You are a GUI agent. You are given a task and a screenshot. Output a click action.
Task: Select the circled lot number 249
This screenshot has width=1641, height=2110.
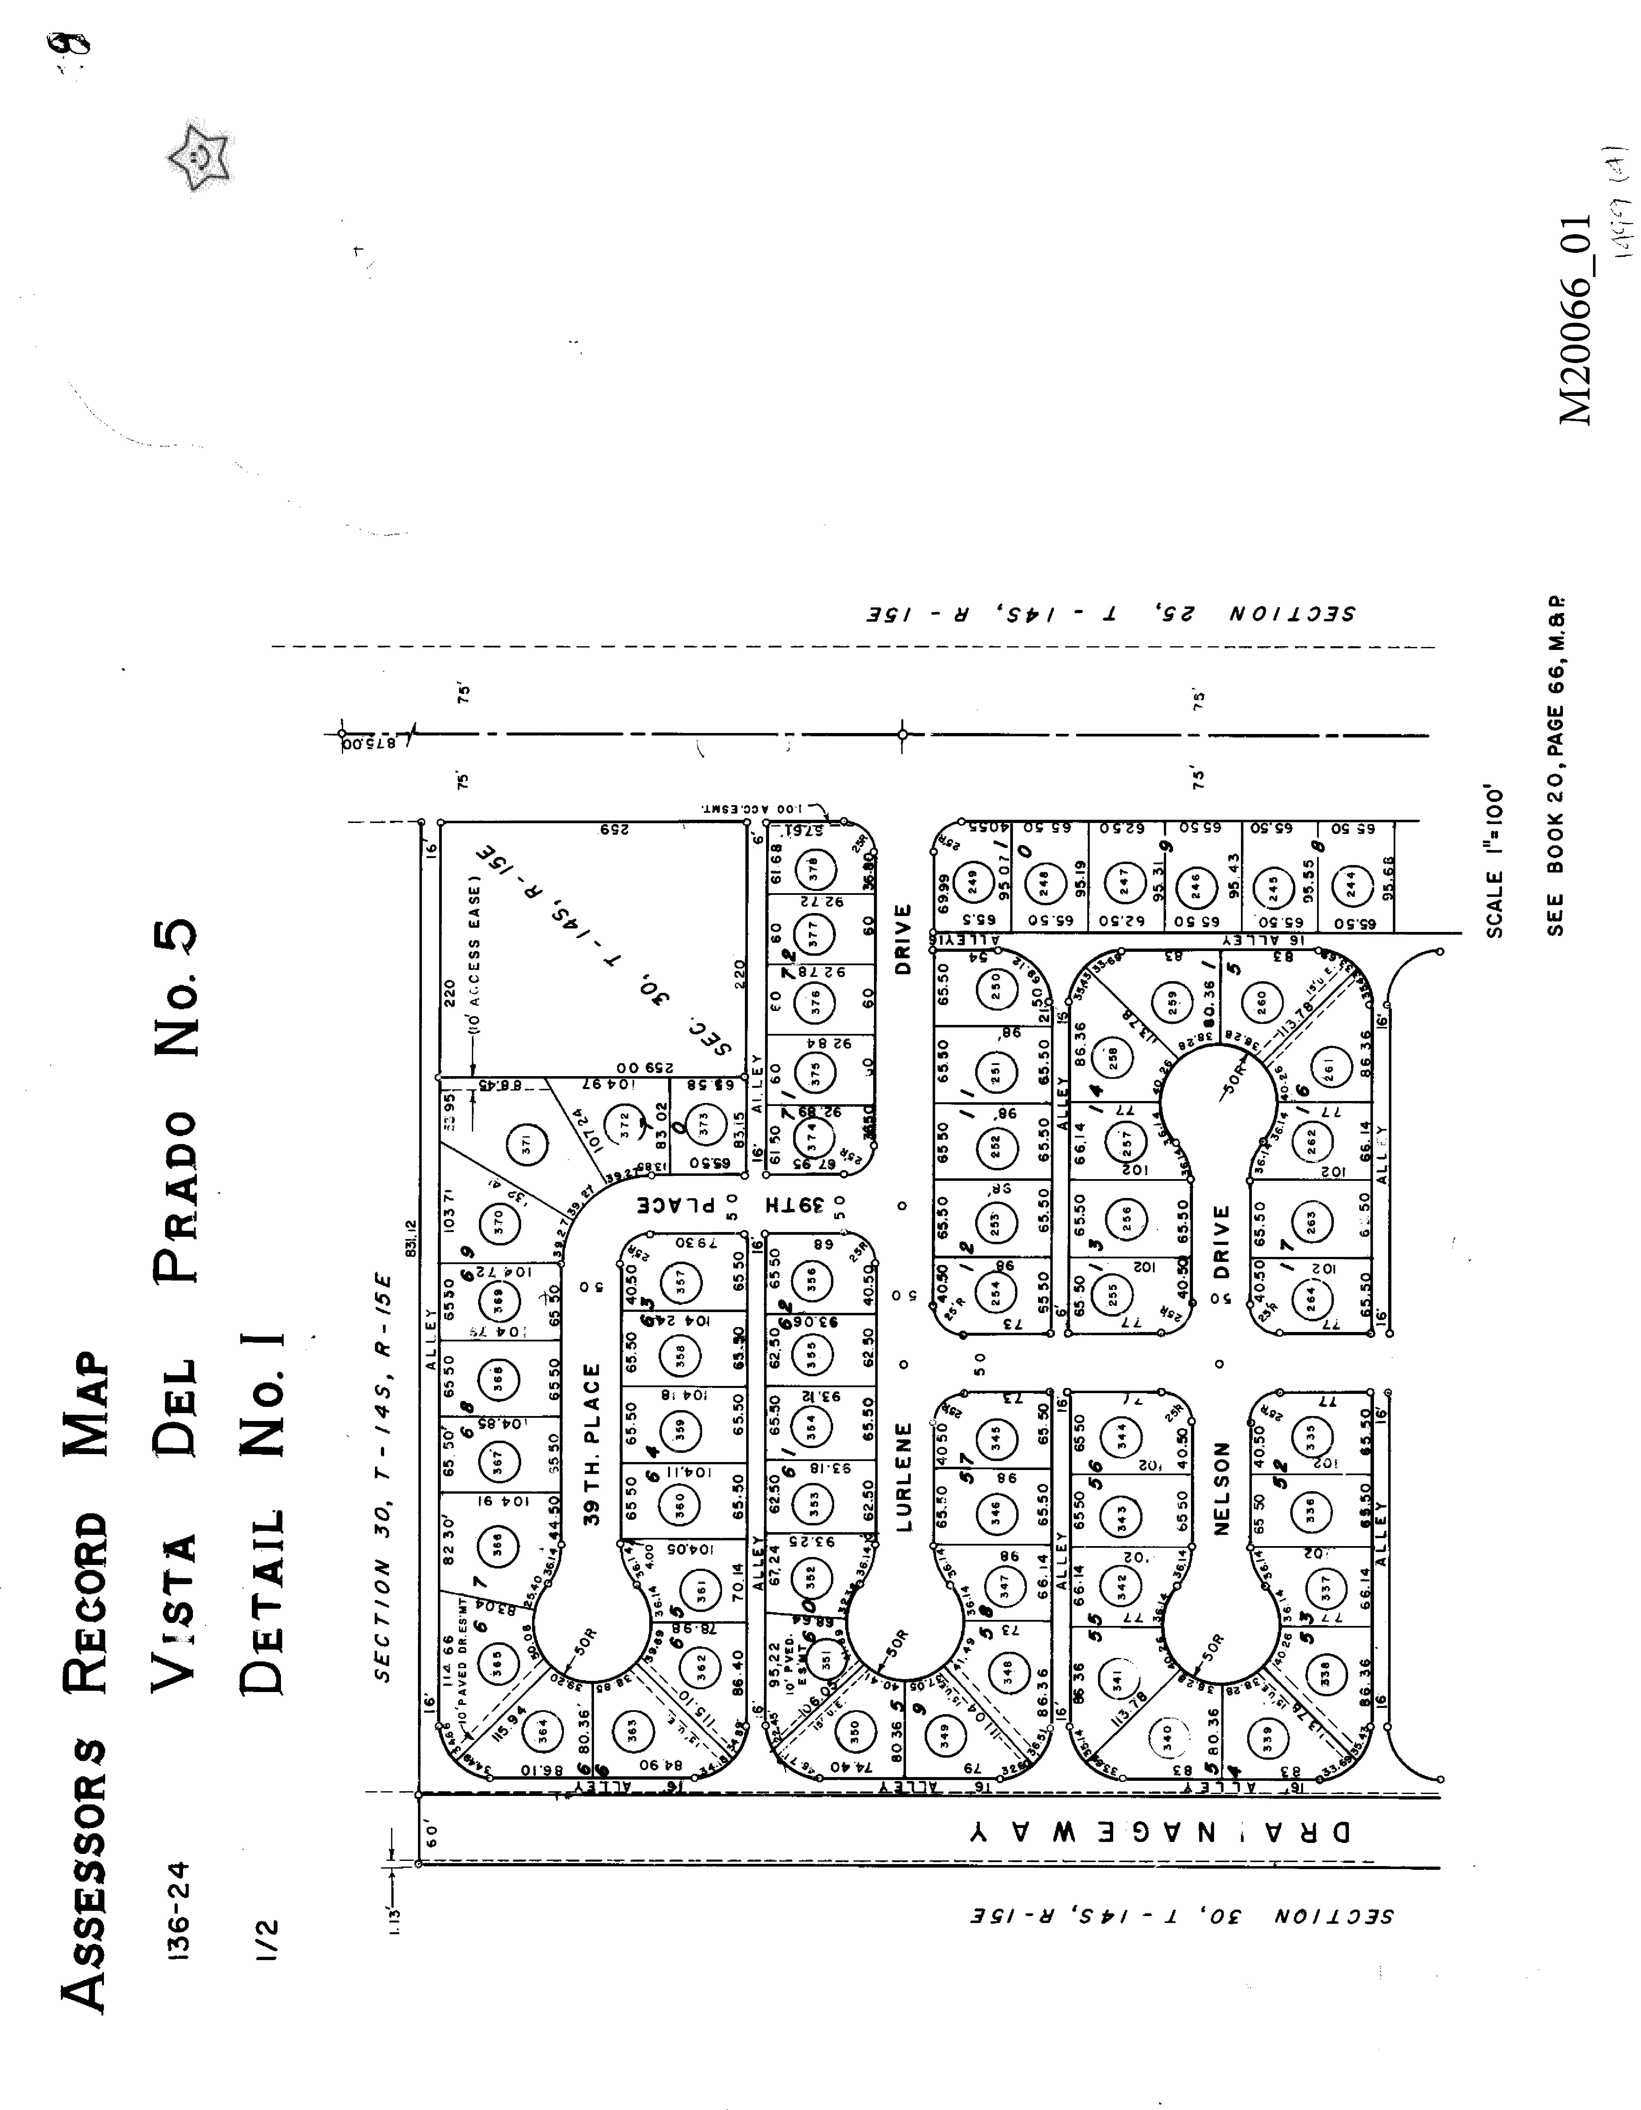(x=973, y=881)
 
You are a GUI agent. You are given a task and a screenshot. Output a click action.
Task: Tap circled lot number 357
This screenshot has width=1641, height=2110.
(x=682, y=1282)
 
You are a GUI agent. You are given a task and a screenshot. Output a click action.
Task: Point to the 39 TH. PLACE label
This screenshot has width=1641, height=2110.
(x=593, y=1443)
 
